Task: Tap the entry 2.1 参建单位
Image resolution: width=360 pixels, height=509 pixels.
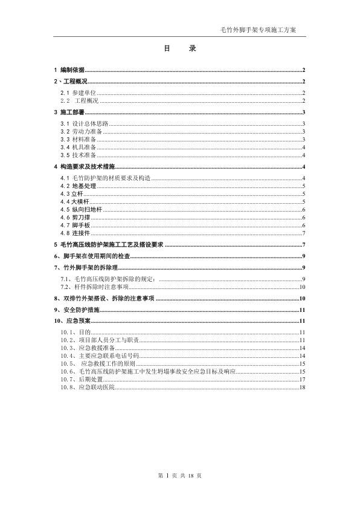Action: click(78, 92)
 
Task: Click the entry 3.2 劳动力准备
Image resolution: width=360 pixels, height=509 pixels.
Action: click(82, 131)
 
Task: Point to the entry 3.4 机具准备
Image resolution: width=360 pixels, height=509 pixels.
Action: click(78, 147)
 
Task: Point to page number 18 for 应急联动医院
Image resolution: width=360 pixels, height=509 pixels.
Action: click(303, 387)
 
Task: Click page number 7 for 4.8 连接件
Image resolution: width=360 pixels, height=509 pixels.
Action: click(304, 233)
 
